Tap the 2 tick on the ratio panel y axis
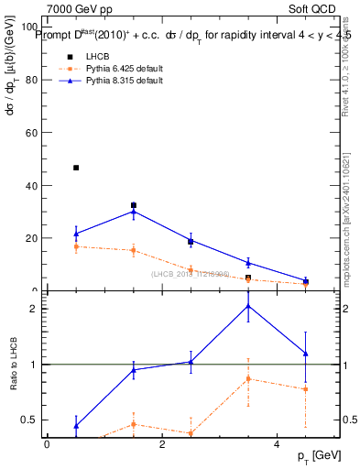(x=37, y=309)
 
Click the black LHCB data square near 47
(x=76, y=168)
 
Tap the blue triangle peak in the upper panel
(x=134, y=212)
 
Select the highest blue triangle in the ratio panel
(x=248, y=305)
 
